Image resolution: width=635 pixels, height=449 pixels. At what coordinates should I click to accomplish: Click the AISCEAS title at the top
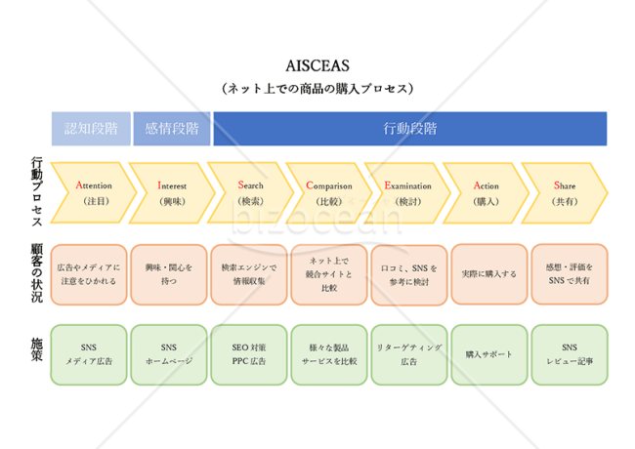[x=317, y=65]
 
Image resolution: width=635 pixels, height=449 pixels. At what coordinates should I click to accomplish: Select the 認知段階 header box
[x=91, y=129]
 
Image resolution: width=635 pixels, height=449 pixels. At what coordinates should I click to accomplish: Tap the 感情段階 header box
[x=172, y=129]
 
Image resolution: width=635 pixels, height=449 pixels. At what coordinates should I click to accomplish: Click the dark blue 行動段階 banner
[x=410, y=129]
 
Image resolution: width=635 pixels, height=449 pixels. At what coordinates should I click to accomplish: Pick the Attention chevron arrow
[x=94, y=192]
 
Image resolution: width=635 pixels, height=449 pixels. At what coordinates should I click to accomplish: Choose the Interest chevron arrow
[x=172, y=192]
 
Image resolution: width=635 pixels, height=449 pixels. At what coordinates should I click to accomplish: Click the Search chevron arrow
[x=251, y=192]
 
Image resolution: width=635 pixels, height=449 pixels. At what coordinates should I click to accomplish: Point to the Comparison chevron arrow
[x=329, y=192]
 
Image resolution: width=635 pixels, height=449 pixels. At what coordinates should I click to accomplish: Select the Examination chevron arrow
[x=407, y=192]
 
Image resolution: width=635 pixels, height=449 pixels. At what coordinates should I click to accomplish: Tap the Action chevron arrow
[x=486, y=192]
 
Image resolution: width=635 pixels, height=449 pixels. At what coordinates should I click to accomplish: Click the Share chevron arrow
[x=565, y=192]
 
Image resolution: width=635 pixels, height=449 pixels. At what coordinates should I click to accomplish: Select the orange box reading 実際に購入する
[x=489, y=274]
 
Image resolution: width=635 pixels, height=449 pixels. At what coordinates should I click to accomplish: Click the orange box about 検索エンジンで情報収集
[x=249, y=274]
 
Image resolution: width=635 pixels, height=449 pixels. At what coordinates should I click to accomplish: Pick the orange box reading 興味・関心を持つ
[x=169, y=274]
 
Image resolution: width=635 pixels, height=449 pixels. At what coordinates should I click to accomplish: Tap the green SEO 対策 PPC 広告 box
[x=249, y=354]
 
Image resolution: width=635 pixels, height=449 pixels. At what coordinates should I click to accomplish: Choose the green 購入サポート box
[x=489, y=354]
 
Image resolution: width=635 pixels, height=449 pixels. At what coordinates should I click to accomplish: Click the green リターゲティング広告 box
[x=409, y=354]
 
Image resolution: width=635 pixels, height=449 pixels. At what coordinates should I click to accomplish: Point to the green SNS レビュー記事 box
[x=570, y=354]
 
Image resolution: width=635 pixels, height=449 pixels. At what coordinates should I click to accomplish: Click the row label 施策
[x=37, y=349]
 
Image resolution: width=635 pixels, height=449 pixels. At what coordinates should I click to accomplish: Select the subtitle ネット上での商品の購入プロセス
[x=317, y=88]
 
